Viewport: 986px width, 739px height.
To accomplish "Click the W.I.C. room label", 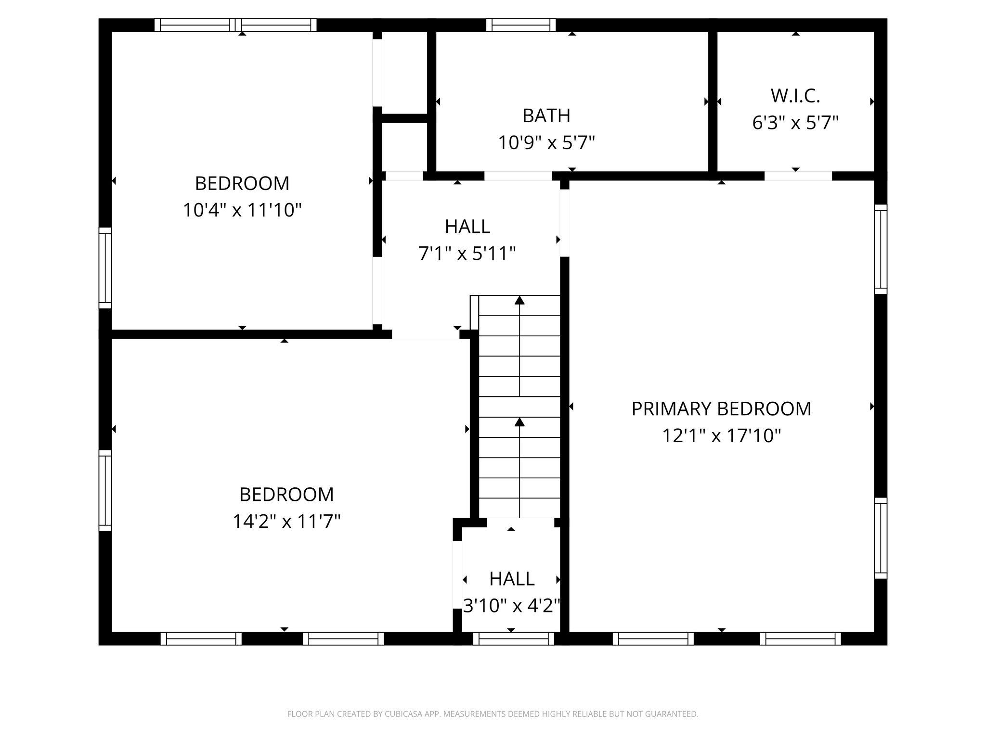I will pyautogui.click(x=795, y=96).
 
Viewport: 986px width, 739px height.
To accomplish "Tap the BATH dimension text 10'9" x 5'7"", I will pyautogui.click(x=546, y=143).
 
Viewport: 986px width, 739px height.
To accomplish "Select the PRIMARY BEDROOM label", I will pyautogui.click(x=721, y=409).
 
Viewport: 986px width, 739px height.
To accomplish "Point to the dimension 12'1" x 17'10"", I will pyautogui.click(x=721, y=436).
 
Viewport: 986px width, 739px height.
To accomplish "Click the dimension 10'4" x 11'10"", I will pyautogui.click(x=242, y=210).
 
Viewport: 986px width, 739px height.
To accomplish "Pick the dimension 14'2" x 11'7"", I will pyautogui.click(x=286, y=521).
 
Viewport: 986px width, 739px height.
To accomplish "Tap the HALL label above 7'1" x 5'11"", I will pyautogui.click(x=467, y=227).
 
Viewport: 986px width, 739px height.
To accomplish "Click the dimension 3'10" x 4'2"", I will pyautogui.click(x=512, y=606).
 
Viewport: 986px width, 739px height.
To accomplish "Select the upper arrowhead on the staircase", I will pyautogui.click(x=519, y=301).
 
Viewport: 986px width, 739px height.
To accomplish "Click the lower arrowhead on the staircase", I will pyautogui.click(x=519, y=422).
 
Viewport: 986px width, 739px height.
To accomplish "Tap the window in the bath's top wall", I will pyautogui.click(x=520, y=25).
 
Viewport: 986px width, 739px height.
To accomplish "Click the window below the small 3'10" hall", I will pyautogui.click(x=514, y=638).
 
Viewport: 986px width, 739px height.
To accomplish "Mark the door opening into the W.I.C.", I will pyautogui.click(x=798, y=176).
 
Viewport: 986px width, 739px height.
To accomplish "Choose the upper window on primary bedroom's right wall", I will pyautogui.click(x=881, y=249).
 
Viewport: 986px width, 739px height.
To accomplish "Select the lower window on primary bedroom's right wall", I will pyautogui.click(x=881, y=538).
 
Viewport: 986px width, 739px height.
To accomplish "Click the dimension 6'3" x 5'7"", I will pyautogui.click(x=795, y=123).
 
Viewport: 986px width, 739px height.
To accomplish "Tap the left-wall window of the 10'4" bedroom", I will pyautogui.click(x=105, y=268).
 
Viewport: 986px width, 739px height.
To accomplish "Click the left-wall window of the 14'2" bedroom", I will pyautogui.click(x=105, y=491).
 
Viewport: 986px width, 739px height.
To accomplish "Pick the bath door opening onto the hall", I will pyautogui.click(x=518, y=176).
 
